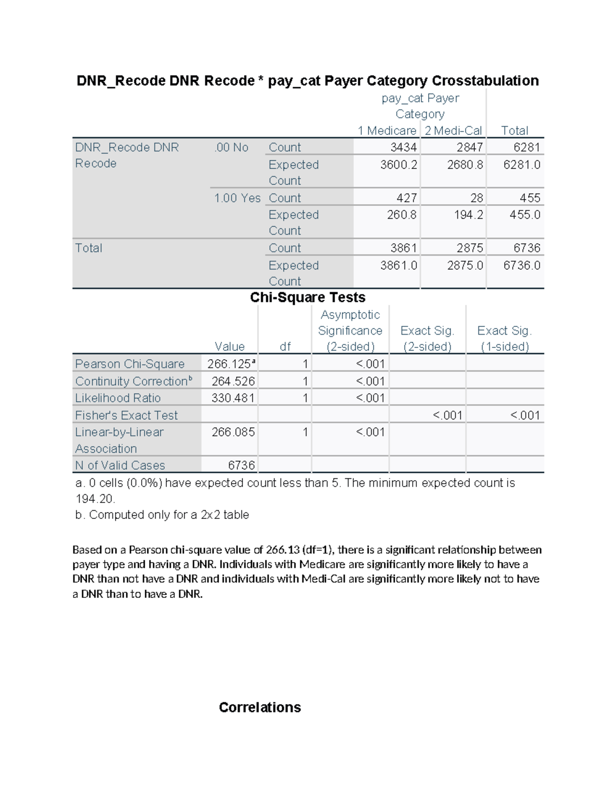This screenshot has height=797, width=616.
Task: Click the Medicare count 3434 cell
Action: [x=403, y=147]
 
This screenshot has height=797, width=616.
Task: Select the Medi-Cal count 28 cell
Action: [x=476, y=198]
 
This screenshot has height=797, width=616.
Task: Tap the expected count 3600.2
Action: [x=398, y=165]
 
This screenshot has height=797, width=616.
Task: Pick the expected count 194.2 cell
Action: [x=468, y=215]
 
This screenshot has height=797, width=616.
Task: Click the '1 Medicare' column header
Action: [x=387, y=130]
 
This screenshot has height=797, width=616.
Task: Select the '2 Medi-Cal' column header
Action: [x=453, y=130]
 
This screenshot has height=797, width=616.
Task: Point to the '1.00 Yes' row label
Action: [x=237, y=198]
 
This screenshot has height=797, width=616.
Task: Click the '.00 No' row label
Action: [x=231, y=147]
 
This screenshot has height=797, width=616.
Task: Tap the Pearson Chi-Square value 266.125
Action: [x=229, y=364]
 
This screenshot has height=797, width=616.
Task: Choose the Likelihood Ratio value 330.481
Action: [x=233, y=398]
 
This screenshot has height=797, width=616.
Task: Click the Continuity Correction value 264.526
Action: [x=233, y=381]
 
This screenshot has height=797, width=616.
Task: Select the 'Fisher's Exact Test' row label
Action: [x=126, y=415]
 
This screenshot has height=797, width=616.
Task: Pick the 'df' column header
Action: [x=285, y=346]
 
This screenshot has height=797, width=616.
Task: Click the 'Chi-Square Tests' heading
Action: [x=307, y=297]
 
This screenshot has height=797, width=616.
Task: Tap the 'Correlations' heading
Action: [x=260, y=707]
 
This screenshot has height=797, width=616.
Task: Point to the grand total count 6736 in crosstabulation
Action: [x=522, y=248]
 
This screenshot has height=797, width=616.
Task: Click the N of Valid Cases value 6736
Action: [x=241, y=465]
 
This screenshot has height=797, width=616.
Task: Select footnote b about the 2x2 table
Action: [x=162, y=515]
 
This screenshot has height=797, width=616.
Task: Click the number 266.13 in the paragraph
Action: [x=283, y=550]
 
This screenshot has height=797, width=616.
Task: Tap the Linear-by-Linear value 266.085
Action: [x=233, y=432]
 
